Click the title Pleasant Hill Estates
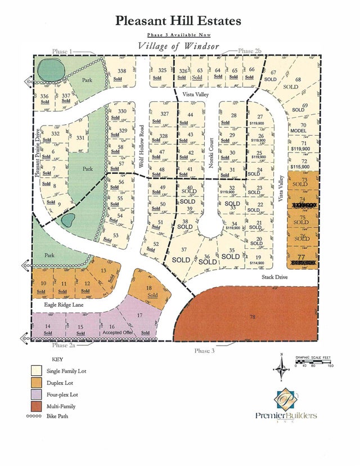point(179,21)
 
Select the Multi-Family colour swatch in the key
point(38,405)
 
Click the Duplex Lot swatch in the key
point(38,382)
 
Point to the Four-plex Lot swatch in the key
point(38,393)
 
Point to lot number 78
point(251,317)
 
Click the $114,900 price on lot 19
point(257,263)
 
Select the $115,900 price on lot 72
point(300,167)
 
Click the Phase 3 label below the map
point(205,351)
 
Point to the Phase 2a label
point(62,346)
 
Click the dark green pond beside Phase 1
point(51,71)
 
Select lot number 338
point(121,71)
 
